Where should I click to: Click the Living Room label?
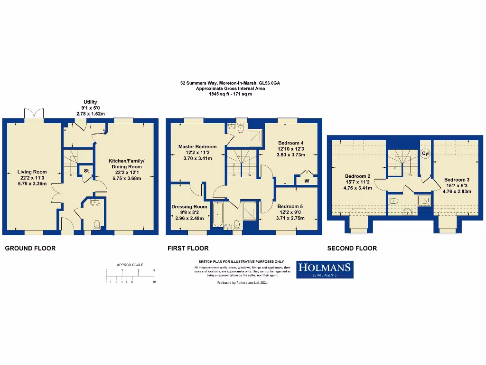(32, 172)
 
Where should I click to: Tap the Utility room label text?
(90, 102)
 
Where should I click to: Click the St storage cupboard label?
(86, 170)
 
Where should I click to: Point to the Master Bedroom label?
(197, 146)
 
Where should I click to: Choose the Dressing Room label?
(189, 207)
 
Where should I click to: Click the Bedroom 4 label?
(290, 143)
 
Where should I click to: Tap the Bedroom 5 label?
(290, 206)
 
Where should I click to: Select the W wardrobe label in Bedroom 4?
(307, 181)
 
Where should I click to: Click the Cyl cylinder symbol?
(425, 154)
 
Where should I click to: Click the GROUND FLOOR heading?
(30, 248)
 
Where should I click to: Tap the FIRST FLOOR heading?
(188, 248)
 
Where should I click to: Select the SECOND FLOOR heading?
(352, 248)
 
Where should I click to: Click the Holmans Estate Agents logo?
(325, 269)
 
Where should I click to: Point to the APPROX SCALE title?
(130, 265)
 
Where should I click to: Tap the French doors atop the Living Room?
(33, 114)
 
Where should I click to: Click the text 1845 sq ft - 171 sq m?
(230, 95)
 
